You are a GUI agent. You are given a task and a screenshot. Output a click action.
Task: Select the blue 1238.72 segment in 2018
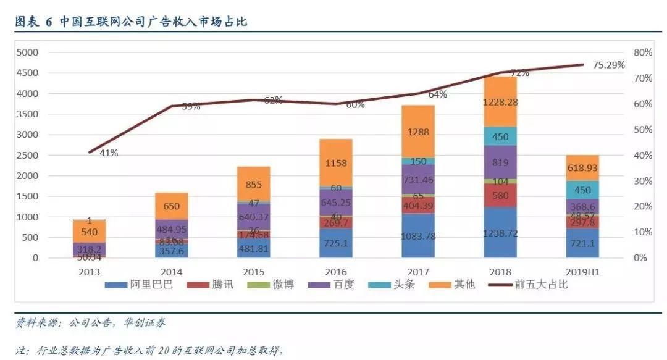(x=500, y=232)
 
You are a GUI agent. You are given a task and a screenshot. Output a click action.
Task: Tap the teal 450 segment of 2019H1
(x=582, y=190)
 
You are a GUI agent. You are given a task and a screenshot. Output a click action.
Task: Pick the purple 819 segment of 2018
(x=500, y=162)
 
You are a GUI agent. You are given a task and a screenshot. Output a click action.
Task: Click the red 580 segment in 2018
(x=500, y=195)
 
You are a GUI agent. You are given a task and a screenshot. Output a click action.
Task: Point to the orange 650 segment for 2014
(x=172, y=206)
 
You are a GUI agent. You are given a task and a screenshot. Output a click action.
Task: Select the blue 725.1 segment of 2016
(x=336, y=243)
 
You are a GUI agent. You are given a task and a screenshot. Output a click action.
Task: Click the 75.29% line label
(x=609, y=65)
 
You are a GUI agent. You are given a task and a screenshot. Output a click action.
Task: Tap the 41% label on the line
(x=109, y=153)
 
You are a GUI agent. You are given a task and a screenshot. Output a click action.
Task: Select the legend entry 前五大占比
(x=543, y=285)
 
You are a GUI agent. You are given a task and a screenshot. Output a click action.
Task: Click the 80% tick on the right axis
(x=644, y=52)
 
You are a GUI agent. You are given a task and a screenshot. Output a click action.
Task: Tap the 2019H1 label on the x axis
(x=582, y=272)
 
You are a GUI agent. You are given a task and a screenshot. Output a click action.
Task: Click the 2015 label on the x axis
(x=254, y=272)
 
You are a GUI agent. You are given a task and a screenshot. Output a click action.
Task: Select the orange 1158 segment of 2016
(x=336, y=163)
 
